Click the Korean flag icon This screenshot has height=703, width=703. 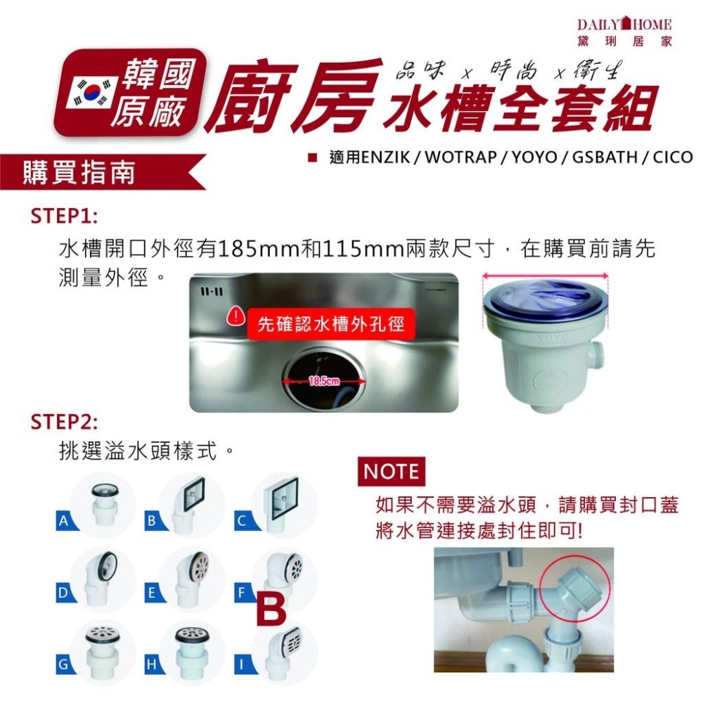pos(91,93)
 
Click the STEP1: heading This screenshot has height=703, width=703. pos(64,215)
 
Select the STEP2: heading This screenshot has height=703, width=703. pos(64,422)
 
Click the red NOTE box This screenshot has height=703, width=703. pos(392,472)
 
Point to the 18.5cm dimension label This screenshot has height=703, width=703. pos(324,381)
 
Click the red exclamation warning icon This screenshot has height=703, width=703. pos(237,317)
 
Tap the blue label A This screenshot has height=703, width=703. pos(64,522)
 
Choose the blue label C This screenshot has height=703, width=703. pos(241,522)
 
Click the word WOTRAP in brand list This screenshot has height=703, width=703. pos(460,156)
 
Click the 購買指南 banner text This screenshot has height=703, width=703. pos(79,172)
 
